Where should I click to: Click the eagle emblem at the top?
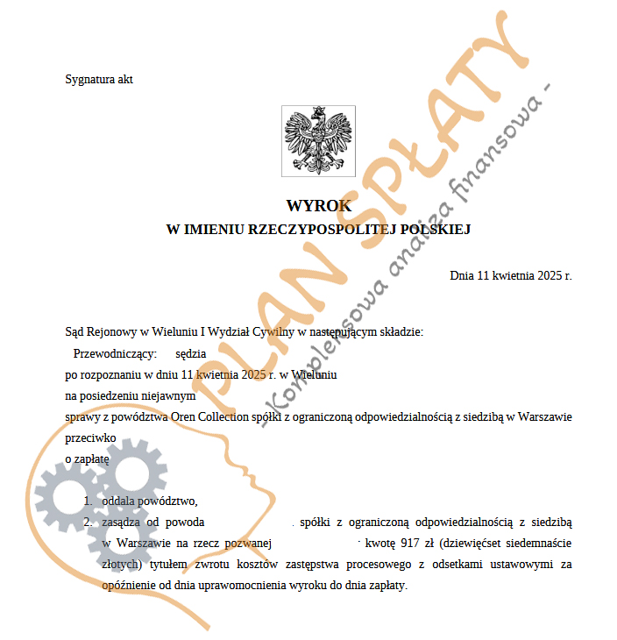(x=318, y=139)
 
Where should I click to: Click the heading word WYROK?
(x=319, y=206)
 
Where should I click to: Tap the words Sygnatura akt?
(x=99, y=80)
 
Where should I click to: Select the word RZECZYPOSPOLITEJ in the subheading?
(x=323, y=230)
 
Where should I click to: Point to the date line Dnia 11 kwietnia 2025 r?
(x=510, y=275)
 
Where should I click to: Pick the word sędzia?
(x=190, y=353)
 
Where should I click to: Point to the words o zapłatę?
(x=87, y=459)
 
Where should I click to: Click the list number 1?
(x=88, y=501)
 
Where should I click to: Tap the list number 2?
(x=88, y=523)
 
